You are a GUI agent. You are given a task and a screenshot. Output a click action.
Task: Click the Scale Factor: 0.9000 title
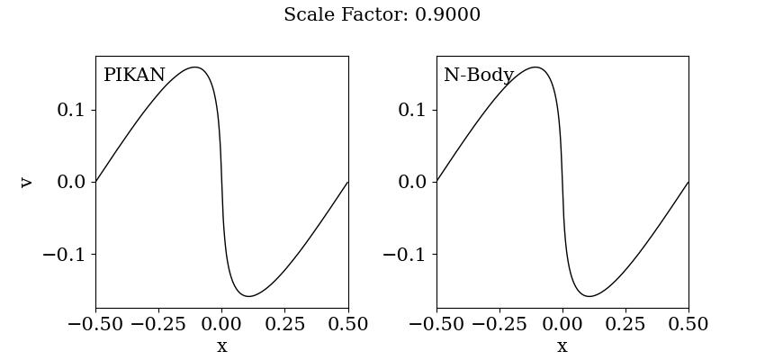382,15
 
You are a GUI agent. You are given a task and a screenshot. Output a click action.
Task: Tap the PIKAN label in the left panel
134,76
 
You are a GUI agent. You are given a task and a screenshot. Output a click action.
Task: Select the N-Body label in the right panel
478,76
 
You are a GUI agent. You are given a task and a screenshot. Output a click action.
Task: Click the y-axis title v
26,182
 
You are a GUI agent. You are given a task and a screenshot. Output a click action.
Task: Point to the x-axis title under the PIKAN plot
221,346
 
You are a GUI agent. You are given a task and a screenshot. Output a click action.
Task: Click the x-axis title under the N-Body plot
562,346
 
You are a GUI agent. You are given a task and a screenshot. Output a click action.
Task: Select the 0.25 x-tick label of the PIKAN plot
285,324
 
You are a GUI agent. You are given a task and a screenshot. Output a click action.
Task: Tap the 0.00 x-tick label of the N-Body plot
562,324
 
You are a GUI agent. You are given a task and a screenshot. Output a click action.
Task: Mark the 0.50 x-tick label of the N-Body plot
688,324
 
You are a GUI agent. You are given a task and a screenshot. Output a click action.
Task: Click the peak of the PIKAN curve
194,67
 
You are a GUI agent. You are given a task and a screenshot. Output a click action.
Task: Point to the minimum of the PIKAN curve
249,296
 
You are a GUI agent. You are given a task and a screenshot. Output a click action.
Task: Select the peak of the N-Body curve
535,67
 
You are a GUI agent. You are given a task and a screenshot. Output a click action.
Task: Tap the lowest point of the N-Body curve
589,296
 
